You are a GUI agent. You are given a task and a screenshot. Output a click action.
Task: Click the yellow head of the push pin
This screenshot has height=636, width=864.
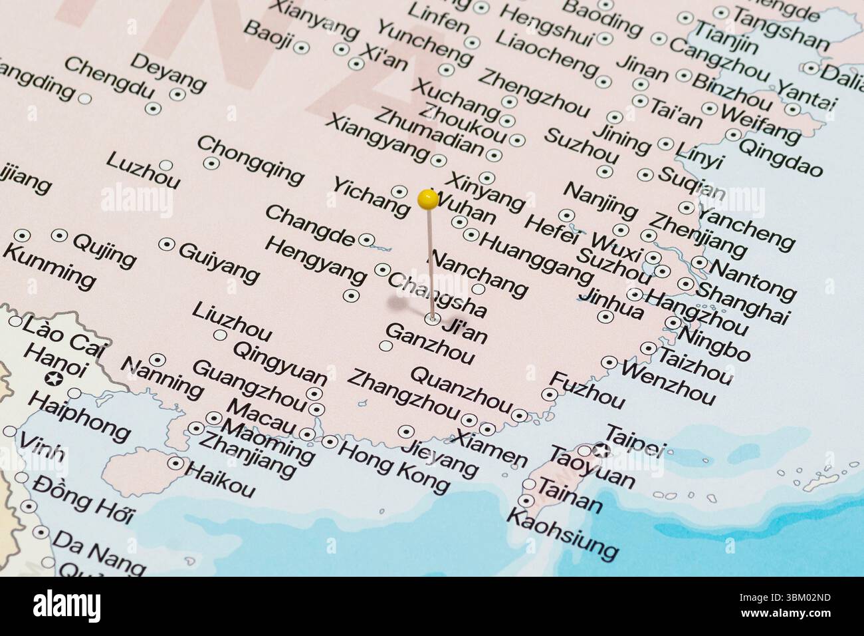428,198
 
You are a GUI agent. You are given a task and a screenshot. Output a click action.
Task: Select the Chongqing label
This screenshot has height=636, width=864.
250,160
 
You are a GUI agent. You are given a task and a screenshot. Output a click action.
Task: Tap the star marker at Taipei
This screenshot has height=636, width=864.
602,450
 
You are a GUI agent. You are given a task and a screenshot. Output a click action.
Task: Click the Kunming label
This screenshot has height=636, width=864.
49,265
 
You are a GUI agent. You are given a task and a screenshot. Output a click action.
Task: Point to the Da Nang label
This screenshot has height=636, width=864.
98,558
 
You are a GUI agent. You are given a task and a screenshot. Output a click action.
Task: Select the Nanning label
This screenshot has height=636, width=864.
162,376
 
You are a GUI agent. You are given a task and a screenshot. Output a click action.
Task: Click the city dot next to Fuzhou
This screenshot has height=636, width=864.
549,394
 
